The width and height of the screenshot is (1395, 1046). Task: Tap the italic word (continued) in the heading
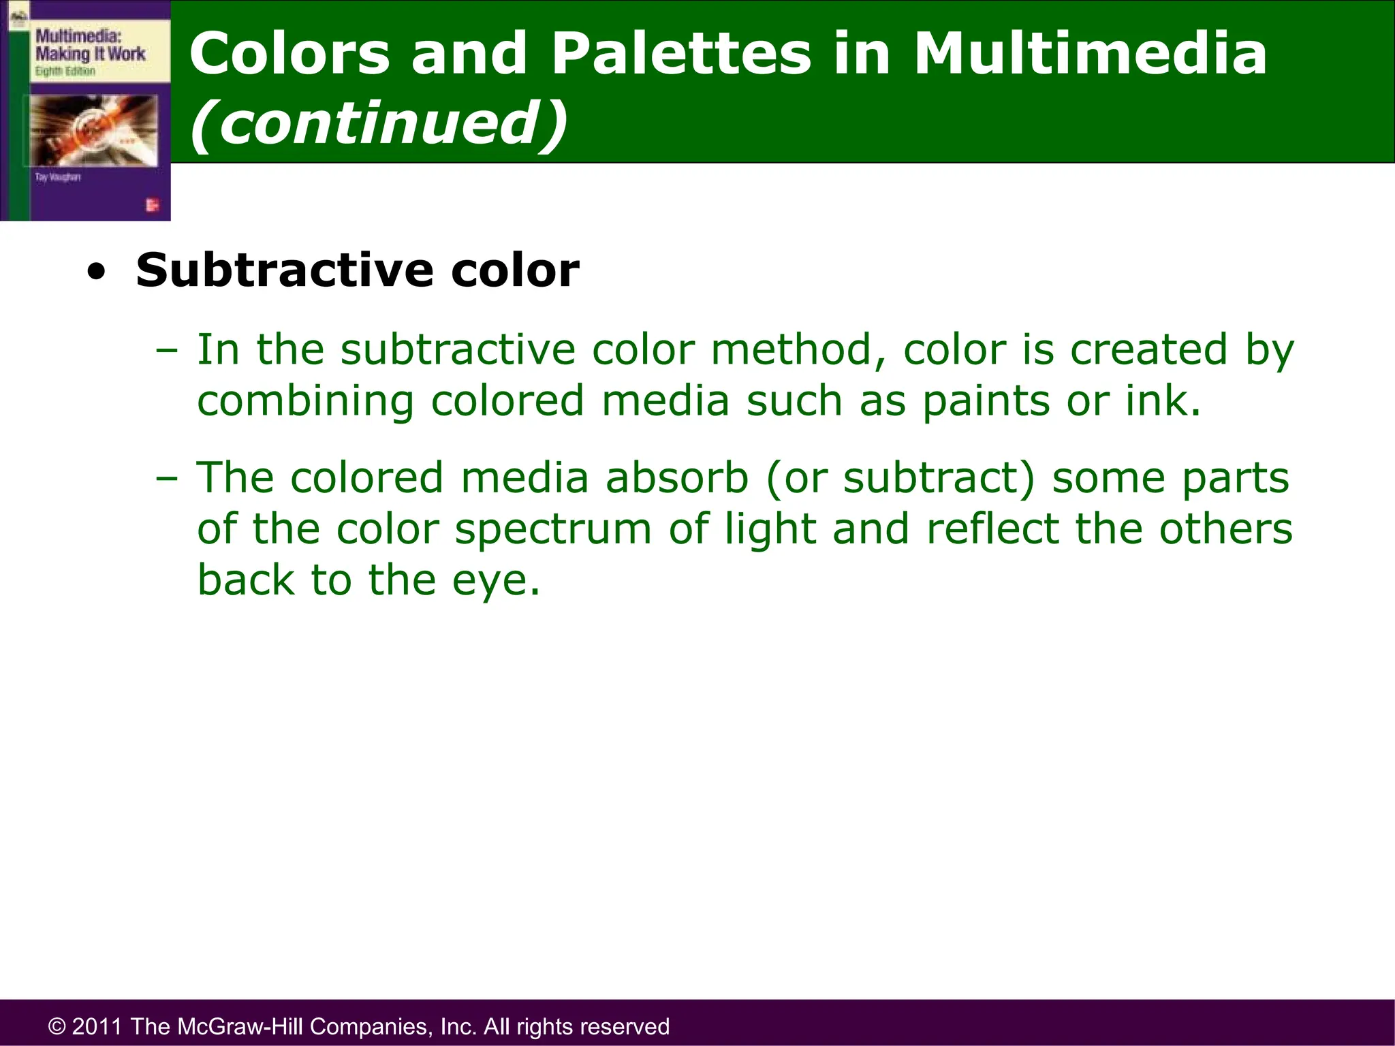[378, 123]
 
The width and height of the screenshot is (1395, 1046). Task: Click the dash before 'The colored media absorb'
[166, 479]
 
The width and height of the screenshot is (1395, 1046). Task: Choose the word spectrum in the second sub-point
[553, 529]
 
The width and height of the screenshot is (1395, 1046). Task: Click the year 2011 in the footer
[96, 1026]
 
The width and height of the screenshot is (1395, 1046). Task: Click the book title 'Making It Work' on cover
[90, 54]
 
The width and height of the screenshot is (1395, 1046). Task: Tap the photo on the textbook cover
[93, 129]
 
